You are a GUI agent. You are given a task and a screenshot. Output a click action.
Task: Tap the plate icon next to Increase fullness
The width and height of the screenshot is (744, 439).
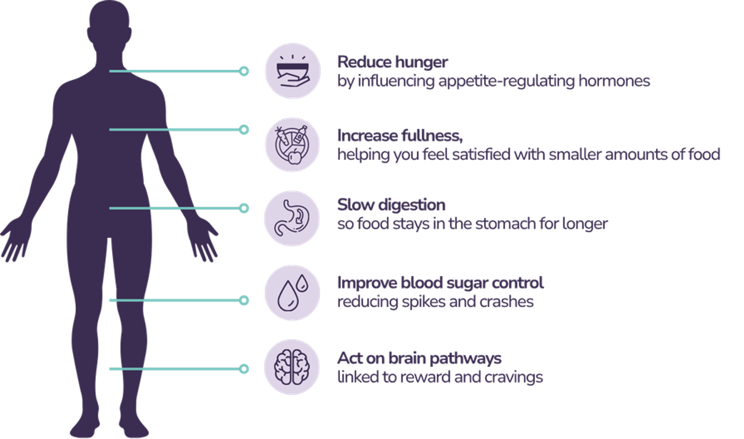(292, 145)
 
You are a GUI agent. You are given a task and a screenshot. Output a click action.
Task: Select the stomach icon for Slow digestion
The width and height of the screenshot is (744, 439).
(292, 218)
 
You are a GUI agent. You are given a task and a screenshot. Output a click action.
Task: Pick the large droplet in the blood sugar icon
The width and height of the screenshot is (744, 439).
(288, 296)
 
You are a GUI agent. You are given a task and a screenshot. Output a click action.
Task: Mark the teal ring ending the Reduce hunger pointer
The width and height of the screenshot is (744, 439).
(244, 71)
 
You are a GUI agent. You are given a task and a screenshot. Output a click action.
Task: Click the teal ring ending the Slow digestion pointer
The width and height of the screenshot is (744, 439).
(244, 208)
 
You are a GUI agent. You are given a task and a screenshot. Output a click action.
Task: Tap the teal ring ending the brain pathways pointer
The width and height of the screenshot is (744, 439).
(244, 369)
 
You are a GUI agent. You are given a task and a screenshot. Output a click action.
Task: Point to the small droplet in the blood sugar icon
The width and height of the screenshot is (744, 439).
(302, 283)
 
